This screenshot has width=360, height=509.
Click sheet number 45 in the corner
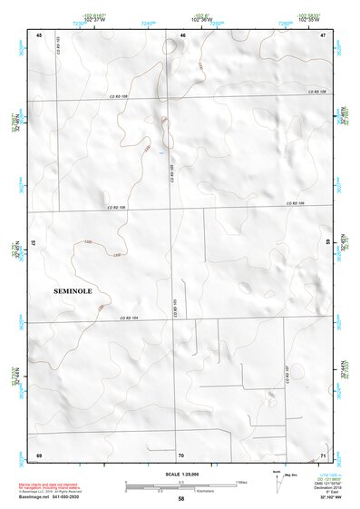click(39, 34)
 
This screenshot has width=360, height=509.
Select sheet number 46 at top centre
click(182, 34)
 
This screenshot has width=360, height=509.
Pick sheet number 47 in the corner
click(323, 34)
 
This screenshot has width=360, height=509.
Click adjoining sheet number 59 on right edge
click(327, 243)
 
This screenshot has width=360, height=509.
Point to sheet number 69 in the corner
click(39, 455)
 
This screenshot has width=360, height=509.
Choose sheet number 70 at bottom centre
click(181, 455)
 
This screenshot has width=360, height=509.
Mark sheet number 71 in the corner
click(323, 455)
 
